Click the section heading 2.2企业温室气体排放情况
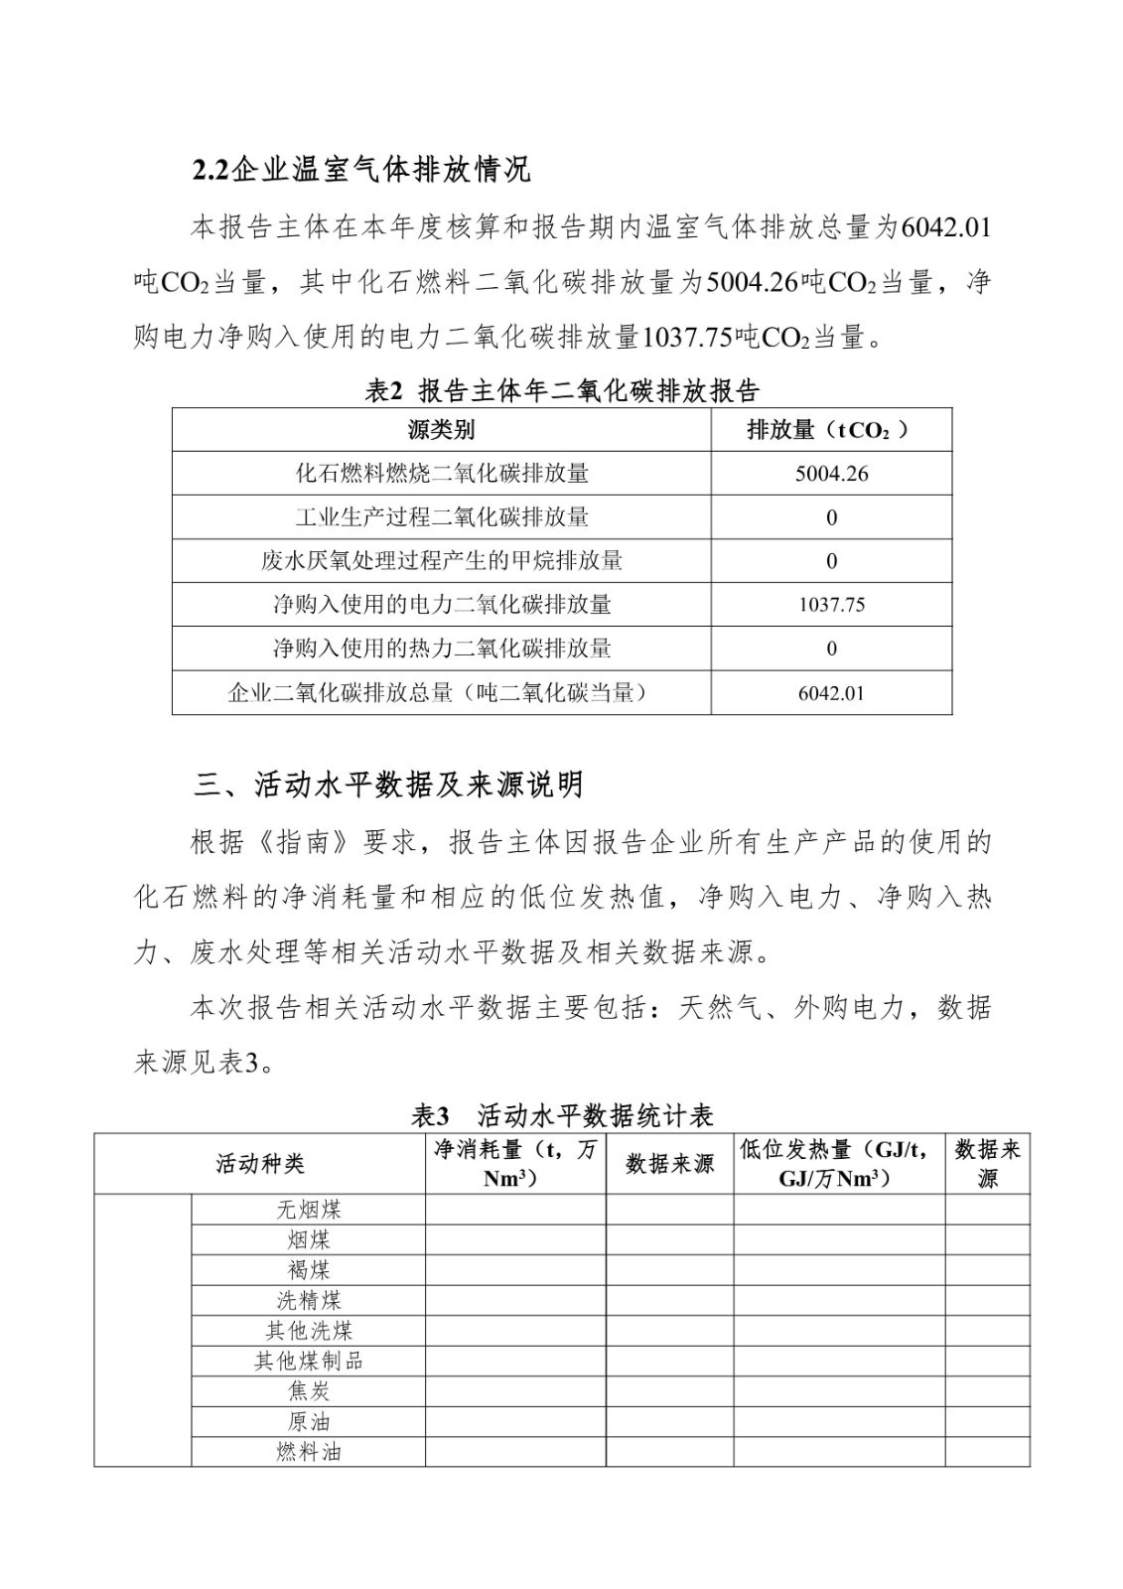[361, 170]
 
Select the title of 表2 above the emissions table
[562, 390]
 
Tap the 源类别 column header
[441, 430]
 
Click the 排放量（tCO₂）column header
[830, 430]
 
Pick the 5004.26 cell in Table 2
[831, 474]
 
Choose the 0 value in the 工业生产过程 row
[831, 517]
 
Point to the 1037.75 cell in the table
[831, 605]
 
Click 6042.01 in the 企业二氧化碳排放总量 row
[831, 693]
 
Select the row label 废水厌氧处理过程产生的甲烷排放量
[441, 561]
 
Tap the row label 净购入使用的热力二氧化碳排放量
[441, 649]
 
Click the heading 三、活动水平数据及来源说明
[388, 786]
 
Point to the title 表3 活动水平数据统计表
[562, 1115]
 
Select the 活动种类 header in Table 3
[260, 1164]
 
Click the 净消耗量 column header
[515, 1164]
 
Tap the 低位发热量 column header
[838, 1164]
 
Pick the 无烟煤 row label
[308, 1210]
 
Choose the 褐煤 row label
[308, 1270]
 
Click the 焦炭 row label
[308, 1391]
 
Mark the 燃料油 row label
[308, 1452]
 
